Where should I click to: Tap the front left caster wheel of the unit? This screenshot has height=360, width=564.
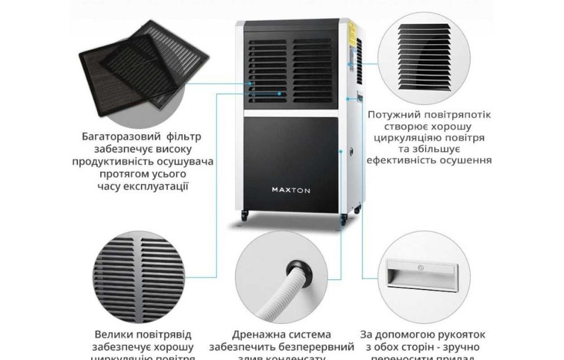(244, 215)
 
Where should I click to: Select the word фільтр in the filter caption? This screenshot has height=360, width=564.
(180, 137)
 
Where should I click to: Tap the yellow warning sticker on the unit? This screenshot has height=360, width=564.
(351, 28)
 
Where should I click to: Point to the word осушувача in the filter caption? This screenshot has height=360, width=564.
(187, 161)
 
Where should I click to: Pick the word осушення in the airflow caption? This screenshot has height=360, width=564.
(465, 160)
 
